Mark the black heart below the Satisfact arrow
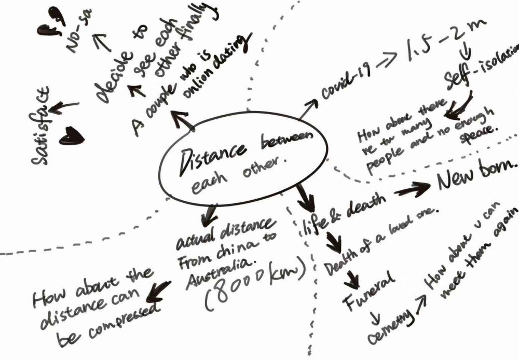[x=72, y=137]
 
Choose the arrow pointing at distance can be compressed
[x=158, y=292]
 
